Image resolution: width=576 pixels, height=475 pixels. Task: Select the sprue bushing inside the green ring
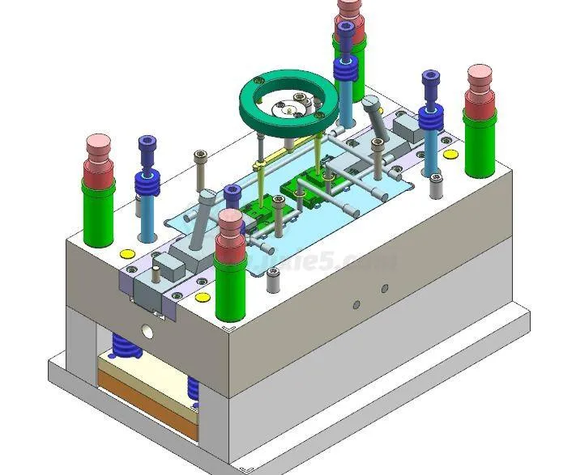(x=290, y=103)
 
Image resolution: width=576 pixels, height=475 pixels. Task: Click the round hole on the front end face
(x=147, y=331)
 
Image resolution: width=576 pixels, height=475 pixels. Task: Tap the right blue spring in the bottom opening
(x=194, y=388)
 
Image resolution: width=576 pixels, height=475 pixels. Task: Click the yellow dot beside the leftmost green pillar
(x=127, y=253)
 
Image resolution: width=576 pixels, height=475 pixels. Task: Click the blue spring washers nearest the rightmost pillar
(x=429, y=119)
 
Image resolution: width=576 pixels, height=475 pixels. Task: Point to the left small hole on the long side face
(x=356, y=304)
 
